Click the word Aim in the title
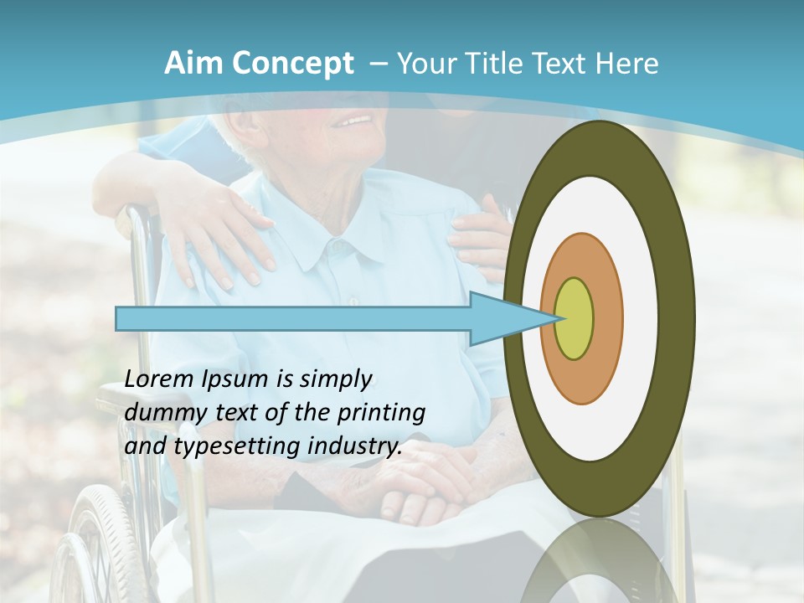(193, 64)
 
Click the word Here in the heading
(626, 64)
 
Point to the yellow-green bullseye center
(575, 319)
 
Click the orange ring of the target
(605, 319)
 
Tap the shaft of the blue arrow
(293, 319)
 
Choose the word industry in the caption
(352, 447)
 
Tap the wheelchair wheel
(105, 544)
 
